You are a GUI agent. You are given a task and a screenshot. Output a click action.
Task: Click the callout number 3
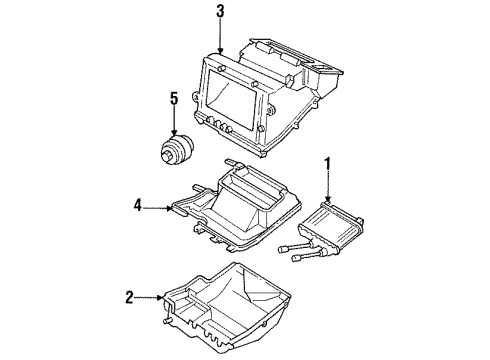tap(219, 12)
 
